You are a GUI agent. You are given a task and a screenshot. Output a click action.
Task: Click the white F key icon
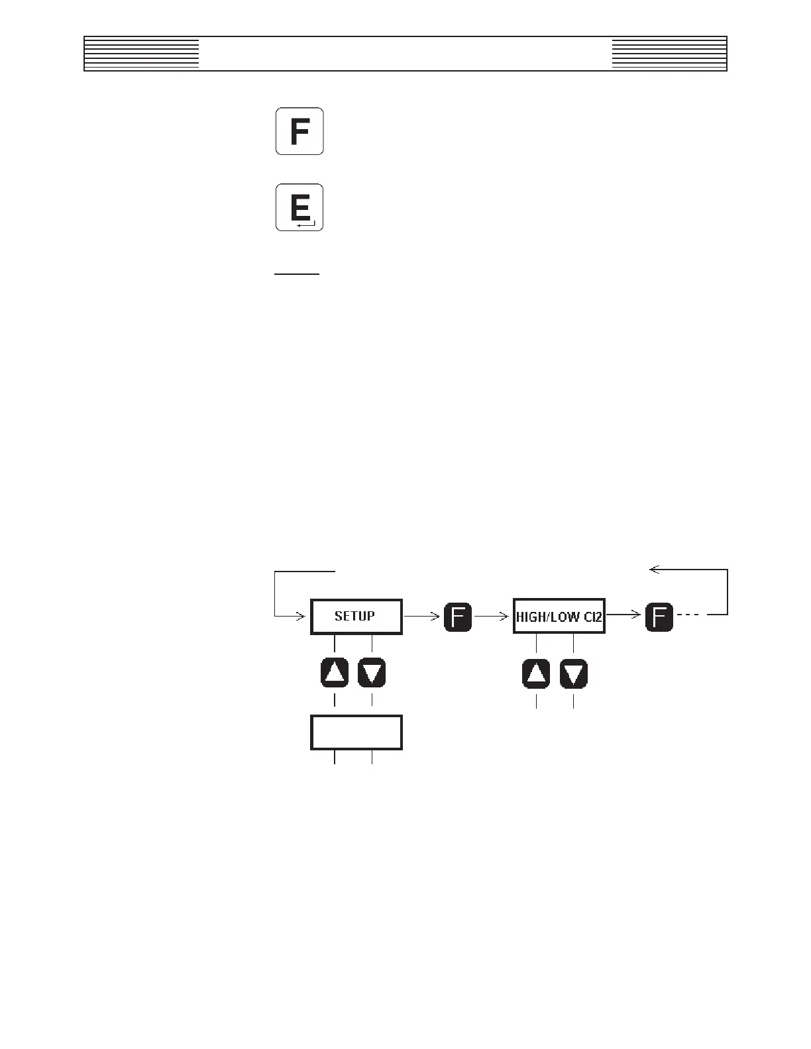click(299, 131)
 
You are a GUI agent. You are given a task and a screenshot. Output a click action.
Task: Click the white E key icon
click(299, 207)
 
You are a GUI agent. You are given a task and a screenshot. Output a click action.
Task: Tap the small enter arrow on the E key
click(306, 225)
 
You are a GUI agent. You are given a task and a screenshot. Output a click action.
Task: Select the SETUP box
click(356, 617)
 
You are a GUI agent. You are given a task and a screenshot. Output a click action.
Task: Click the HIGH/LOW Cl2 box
click(559, 617)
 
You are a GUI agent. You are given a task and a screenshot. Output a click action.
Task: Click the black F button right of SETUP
click(458, 617)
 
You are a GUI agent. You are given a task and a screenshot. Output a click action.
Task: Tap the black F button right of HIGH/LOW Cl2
click(659, 617)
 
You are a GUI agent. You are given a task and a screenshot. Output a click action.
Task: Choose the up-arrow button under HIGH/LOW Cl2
click(536, 674)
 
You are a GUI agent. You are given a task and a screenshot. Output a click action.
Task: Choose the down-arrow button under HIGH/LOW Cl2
click(574, 674)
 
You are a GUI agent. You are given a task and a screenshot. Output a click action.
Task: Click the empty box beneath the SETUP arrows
click(356, 732)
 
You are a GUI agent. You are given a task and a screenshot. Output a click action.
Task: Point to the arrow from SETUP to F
click(422, 616)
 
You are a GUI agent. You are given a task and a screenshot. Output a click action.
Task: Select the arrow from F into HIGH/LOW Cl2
click(492, 616)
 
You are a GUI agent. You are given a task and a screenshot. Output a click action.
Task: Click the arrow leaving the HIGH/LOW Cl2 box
click(624, 616)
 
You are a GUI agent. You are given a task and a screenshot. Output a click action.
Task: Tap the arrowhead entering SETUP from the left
click(299, 616)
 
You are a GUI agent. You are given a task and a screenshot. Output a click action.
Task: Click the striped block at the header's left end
click(142, 54)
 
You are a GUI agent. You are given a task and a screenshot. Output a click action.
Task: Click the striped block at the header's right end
click(669, 54)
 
